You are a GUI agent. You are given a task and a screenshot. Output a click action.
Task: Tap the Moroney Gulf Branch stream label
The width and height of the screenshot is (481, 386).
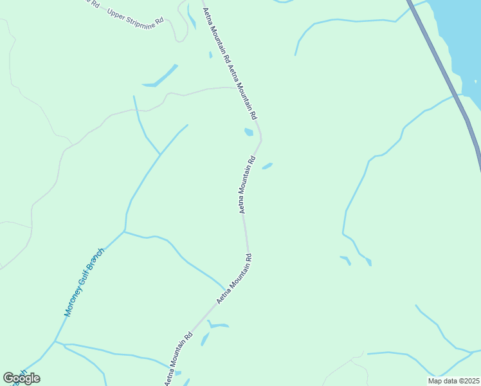84,282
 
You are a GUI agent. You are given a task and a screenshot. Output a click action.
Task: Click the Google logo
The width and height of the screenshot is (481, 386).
21,378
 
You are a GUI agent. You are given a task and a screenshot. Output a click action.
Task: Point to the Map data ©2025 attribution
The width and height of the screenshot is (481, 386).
453,381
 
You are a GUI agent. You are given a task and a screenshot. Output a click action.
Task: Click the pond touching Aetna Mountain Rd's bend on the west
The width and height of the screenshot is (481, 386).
249,133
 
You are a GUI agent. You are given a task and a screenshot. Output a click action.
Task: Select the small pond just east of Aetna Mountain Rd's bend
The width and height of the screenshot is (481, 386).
268,166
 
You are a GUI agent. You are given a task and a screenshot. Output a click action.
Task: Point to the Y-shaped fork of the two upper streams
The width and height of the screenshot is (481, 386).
160,154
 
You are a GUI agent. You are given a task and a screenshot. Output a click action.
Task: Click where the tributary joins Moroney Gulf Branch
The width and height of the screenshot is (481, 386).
124,231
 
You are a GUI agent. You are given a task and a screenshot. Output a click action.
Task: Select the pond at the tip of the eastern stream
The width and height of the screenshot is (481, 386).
367,262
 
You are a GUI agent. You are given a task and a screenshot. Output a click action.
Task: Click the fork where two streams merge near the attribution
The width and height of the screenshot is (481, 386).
437,377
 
